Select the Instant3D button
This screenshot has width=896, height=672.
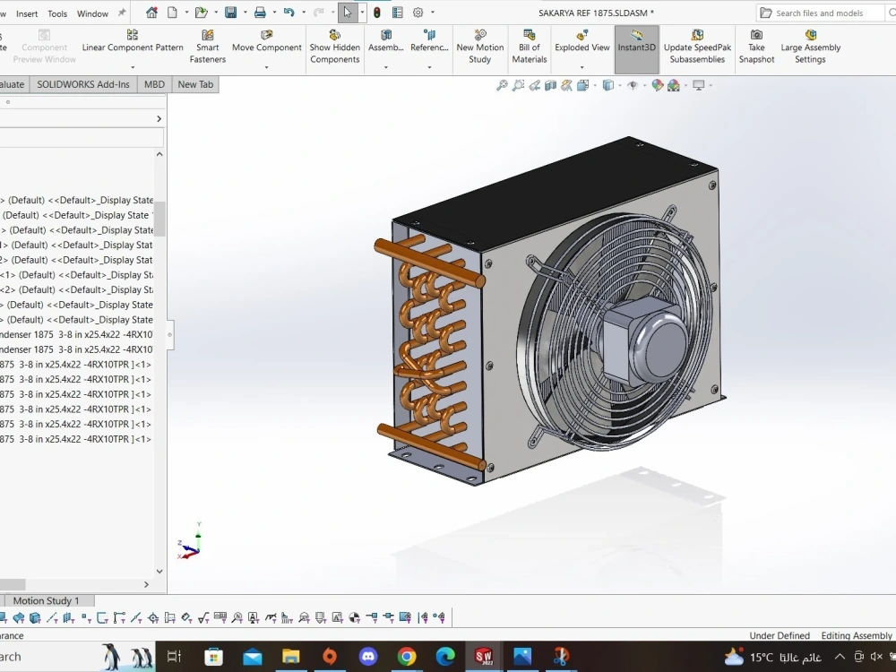click(636, 41)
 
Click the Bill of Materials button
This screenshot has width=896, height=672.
click(529, 47)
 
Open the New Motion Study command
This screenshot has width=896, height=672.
click(479, 47)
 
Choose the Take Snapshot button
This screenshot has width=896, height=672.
click(756, 47)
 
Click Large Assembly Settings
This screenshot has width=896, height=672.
click(810, 47)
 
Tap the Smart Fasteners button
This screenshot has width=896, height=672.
click(207, 47)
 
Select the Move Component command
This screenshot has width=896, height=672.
click(266, 41)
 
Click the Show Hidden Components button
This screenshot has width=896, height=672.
click(334, 47)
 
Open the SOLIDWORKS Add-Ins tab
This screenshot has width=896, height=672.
click(83, 84)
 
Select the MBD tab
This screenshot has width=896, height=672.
click(154, 84)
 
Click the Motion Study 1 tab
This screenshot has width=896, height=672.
click(46, 600)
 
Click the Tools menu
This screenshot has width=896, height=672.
click(57, 13)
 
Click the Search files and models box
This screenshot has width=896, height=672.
click(824, 13)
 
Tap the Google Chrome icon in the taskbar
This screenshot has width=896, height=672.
click(407, 657)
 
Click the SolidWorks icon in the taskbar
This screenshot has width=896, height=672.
click(484, 657)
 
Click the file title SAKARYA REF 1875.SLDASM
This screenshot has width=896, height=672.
click(596, 13)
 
